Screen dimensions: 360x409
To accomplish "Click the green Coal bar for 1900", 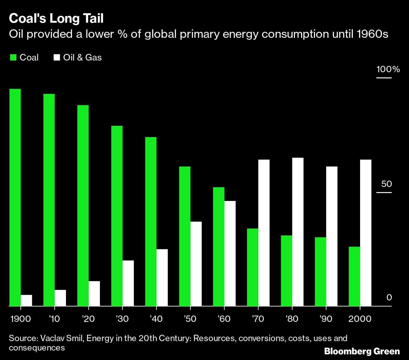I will pos(15,197).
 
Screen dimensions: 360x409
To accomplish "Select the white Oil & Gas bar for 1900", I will pos(27,300).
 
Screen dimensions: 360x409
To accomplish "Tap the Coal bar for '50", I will pos(185,236).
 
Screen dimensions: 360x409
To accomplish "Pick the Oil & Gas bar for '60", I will pos(230,253).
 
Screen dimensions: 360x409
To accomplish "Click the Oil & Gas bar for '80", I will pos(298,232).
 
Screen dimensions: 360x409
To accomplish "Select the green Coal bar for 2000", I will pos(354,276).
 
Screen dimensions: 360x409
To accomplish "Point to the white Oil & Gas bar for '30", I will pos(128,283).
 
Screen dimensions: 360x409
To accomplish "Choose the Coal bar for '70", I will pos(252,267).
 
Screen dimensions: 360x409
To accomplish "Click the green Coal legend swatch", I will pos(13,57).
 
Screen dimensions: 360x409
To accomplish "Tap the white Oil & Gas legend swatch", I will pos(57,57).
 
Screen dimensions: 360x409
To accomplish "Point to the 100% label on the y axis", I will pos(388,69).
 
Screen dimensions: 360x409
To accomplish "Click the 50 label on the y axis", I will pos(386,184).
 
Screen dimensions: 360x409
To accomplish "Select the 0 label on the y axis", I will pos(389,298).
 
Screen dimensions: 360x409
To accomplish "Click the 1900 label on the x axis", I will pos(21,319).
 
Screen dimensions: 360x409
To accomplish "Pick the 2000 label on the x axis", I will pos(360,319).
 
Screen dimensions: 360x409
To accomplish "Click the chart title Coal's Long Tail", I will pos(56,19).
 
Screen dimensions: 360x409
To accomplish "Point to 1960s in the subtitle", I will pos(372,34).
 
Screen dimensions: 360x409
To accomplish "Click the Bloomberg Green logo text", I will pos(362,351).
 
